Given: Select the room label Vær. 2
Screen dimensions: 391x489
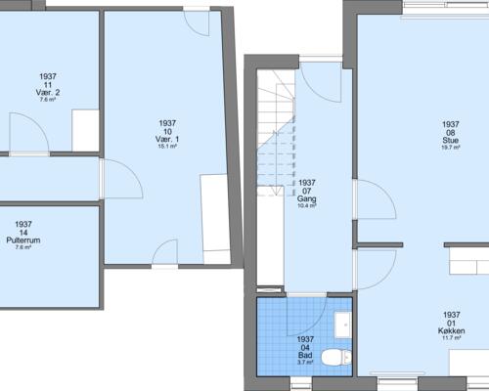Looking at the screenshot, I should tap(49, 92).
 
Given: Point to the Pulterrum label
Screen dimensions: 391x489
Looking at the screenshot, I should tap(23, 239).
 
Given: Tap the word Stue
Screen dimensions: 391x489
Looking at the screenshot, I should tap(450, 140).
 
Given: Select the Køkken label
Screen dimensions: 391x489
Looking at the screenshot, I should tap(451, 331).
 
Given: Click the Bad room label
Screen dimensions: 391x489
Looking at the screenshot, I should tap(304, 355).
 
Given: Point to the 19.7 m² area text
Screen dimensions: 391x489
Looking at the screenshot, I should tap(450, 148).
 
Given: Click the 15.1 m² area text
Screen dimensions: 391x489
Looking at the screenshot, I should tap(166, 147).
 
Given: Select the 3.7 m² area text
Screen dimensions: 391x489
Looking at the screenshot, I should tap(304, 363).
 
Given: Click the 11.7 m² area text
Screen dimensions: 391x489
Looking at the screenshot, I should tap(451, 339).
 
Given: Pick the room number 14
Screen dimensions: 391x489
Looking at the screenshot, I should tap(23, 232).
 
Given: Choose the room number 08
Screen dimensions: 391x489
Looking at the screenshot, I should tap(450, 132).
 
